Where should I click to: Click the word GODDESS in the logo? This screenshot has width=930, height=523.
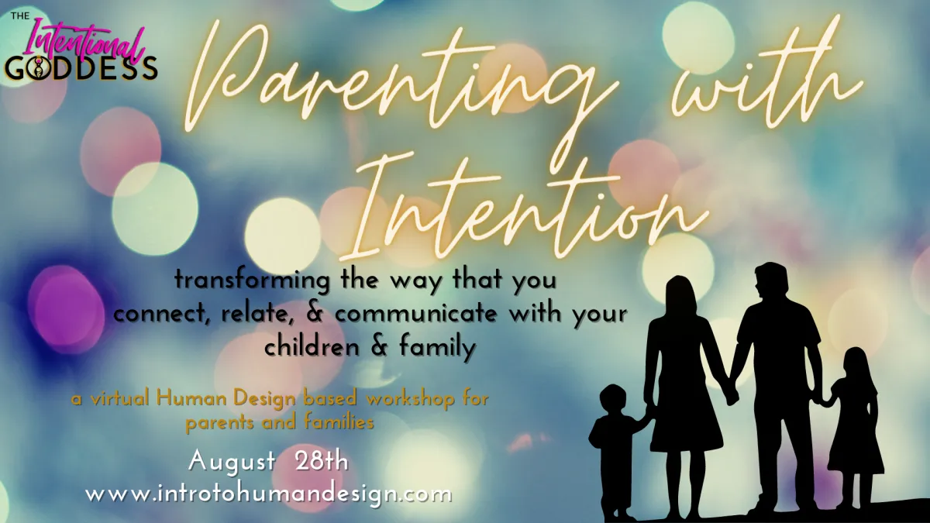[x=81, y=68]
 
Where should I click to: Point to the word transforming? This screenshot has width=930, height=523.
[x=252, y=280]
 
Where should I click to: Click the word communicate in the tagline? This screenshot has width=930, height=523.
[x=415, y=315]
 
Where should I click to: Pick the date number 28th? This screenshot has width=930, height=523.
[x=321, y=462]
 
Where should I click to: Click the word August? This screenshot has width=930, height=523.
[x=232, y=463]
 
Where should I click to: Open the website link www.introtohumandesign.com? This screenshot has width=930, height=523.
[x=268, y=495]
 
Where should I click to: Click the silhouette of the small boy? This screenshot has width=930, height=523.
[x=615, y=449]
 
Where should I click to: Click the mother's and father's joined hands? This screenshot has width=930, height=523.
[x=732, y=393]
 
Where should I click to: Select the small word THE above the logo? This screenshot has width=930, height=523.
[x=19, y=16]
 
